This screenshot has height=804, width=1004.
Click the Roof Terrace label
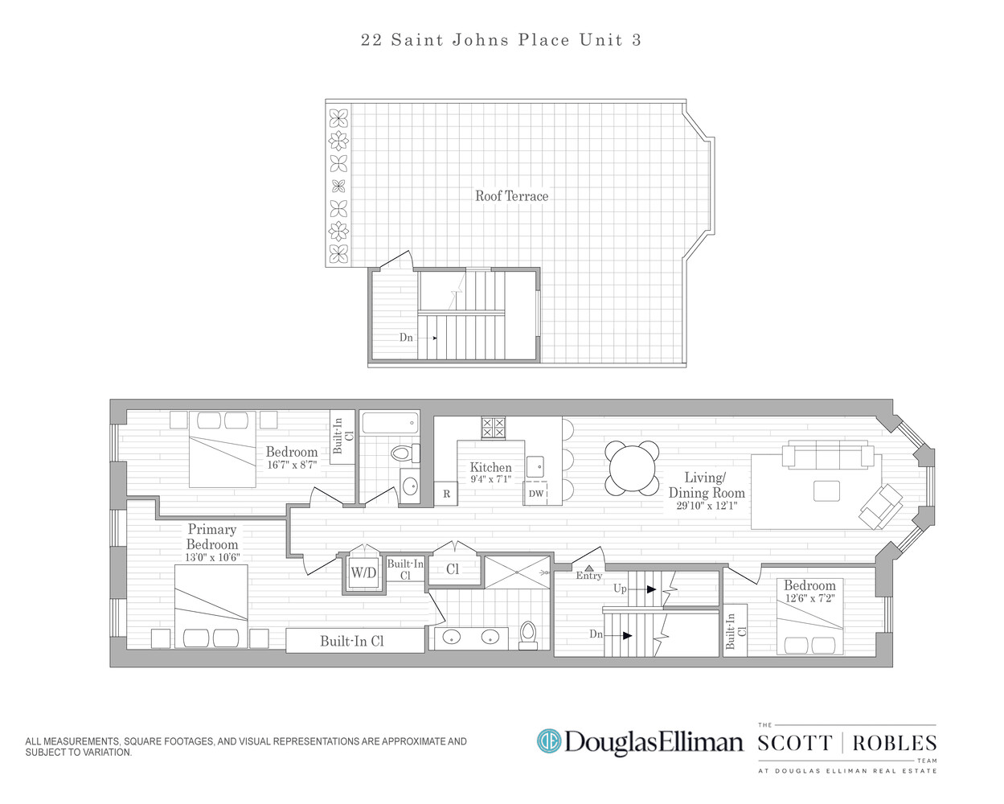point(511,196)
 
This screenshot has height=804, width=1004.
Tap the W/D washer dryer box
point(363,572)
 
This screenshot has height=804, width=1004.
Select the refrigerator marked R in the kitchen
point(446,494)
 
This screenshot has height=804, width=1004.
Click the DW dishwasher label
point(536,493)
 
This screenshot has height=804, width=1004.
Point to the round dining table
point(632,468)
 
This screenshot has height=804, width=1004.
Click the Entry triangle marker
point(589,568)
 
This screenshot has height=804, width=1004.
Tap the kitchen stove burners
point(493,428)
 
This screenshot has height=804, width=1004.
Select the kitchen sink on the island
point(535,466)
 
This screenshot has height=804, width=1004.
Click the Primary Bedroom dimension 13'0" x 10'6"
point(212,557)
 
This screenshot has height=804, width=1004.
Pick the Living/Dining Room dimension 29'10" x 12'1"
point(707,506)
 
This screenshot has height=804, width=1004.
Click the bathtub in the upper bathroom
point(390,423)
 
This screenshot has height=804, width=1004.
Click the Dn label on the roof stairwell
point(406,338)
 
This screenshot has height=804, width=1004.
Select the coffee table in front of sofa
point(826,491)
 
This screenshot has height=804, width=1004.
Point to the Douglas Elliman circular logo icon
point(549,741)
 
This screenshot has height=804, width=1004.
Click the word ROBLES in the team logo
point(895,743)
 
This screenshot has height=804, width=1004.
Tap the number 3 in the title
point(637,40)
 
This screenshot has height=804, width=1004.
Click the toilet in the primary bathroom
point(528,635)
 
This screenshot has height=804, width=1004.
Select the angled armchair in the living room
point(880,507)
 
